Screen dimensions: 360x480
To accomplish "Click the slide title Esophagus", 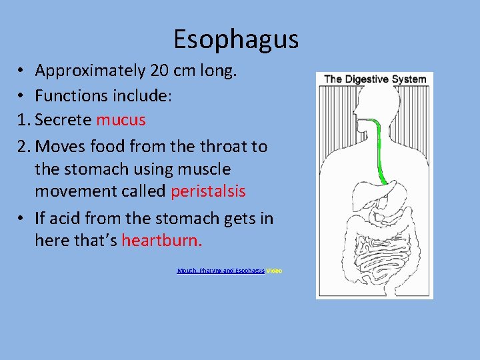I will [x=236, y=40].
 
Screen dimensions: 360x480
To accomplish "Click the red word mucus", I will [x=121, y=120].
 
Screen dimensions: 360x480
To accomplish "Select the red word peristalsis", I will [x=208, y=191].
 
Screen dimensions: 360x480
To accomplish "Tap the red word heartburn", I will [x=161, y=240].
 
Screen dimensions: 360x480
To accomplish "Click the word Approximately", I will [x=81, y=71].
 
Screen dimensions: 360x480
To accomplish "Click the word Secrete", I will [x=63, y=120].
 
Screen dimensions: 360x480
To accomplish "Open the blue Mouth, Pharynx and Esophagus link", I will [x=221, y=271].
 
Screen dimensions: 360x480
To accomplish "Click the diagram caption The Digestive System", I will [x=375, y=79].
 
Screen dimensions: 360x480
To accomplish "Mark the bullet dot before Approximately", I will [x=22, y=71].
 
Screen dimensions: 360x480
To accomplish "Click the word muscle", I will [x=198, y=169].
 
